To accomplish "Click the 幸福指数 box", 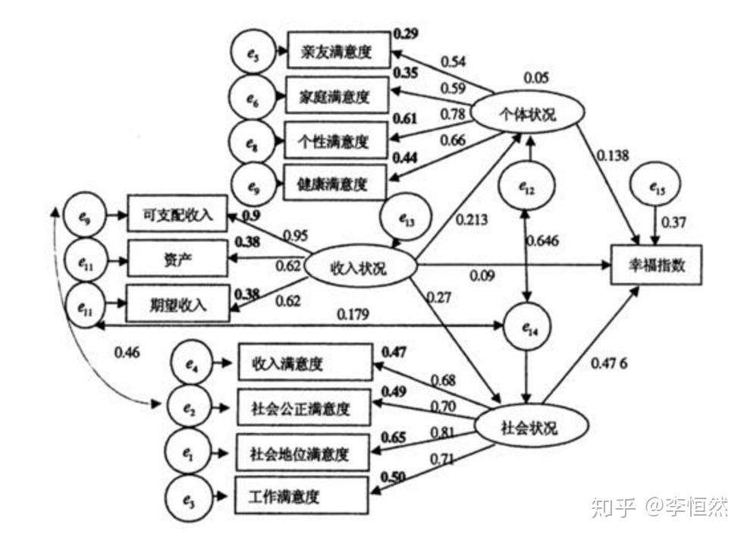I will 657,265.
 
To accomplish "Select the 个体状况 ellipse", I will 528,114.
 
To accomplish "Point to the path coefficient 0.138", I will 614,155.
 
